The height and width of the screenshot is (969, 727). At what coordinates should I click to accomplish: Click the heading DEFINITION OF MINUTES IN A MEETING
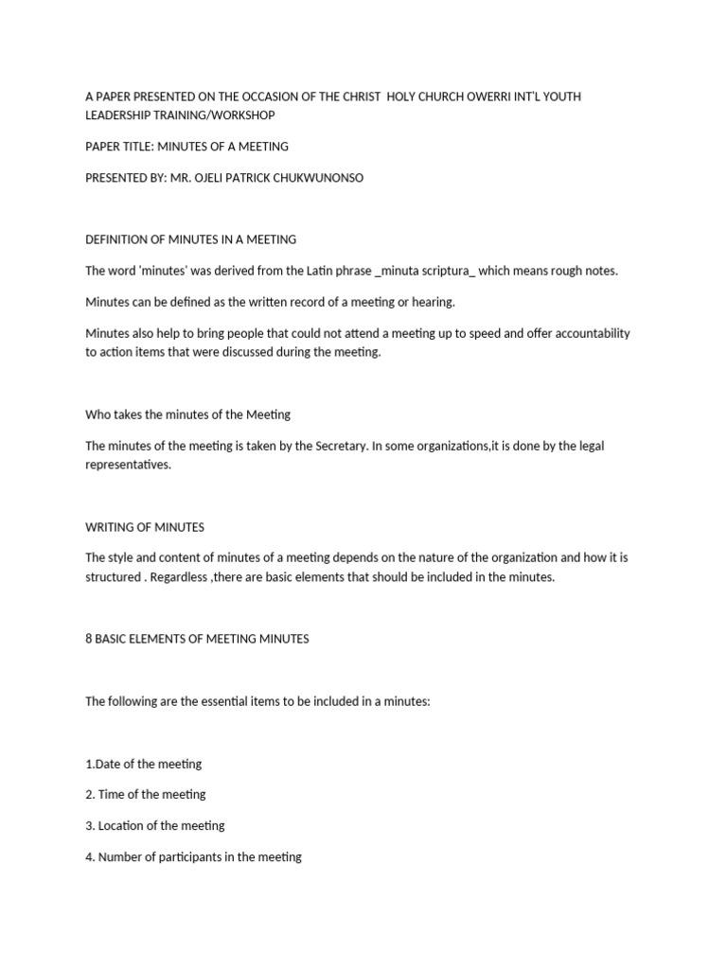point(190,239)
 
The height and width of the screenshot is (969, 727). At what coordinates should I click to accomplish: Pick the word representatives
point(129,465)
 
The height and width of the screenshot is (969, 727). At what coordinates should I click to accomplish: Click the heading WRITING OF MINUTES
point(145,527)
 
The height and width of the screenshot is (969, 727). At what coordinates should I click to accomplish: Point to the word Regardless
point(177,576)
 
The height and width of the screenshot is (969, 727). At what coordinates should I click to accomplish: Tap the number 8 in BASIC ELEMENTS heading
point(89,639)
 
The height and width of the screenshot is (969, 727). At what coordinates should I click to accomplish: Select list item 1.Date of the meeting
point(144,764)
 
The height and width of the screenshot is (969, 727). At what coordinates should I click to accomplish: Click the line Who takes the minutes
point(187,414)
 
